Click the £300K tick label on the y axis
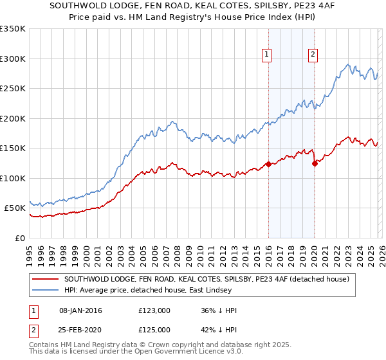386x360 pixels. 13,59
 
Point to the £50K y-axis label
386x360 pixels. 15,208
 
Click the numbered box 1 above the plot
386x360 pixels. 266,55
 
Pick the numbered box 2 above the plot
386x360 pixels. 313,55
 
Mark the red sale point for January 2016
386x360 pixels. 268,164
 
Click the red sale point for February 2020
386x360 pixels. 315,163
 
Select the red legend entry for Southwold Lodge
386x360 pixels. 206,280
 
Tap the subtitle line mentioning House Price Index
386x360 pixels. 192,17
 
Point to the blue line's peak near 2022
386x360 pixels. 347,64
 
